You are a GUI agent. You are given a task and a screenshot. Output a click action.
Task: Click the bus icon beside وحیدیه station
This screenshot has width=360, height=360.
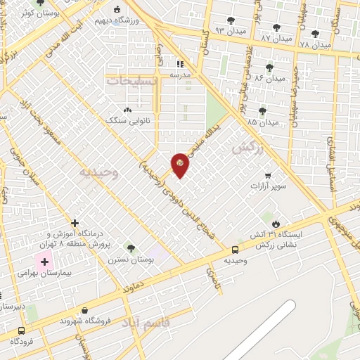235,250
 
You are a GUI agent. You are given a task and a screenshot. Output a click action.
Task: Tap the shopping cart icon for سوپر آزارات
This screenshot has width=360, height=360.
268,176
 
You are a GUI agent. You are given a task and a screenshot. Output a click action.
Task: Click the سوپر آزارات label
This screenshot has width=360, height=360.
269,187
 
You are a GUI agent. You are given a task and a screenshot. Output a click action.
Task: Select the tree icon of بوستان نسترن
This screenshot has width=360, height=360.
130,248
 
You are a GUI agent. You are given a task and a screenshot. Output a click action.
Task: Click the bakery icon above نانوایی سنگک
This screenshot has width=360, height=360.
127,110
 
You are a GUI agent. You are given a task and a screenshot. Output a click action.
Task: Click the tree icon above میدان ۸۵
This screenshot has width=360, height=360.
262,111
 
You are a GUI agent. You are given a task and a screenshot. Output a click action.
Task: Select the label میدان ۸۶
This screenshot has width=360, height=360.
269,78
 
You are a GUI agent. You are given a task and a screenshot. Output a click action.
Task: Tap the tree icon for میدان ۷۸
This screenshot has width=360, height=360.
314,33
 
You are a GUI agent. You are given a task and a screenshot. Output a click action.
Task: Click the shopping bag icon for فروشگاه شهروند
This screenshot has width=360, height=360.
85,309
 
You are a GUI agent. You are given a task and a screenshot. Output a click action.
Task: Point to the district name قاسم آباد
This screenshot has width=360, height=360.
146,323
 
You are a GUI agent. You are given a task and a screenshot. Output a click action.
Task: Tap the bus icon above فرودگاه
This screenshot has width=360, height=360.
22,330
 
